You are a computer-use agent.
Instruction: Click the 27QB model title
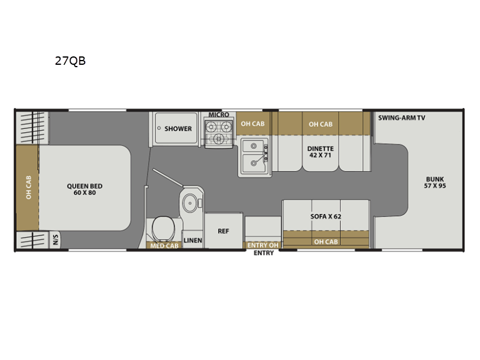coord(70,61)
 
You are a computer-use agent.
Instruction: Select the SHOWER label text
coord(178,128)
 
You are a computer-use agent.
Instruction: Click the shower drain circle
coord(159,128)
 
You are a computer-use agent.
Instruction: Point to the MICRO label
coord(219,115)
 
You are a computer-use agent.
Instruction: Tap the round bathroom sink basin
coord(190,203)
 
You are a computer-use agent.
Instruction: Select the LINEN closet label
coord(193,241)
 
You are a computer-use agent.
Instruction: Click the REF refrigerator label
coord(223,231)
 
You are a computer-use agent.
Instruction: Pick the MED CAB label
coord(164,246)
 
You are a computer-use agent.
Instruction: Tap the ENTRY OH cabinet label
coord(263,245)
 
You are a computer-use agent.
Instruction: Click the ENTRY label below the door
coord(263,253)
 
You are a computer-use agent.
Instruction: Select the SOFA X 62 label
coord(326,217)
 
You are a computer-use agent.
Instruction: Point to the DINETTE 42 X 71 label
coord(320,152)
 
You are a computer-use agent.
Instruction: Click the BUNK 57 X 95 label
coord(435,182)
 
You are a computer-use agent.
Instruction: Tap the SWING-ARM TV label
coord(401,118)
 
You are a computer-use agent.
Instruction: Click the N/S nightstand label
coord(55,239)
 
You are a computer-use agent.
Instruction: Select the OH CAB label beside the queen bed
coord(28,187)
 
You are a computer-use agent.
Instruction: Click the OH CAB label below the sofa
coord(326,242)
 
